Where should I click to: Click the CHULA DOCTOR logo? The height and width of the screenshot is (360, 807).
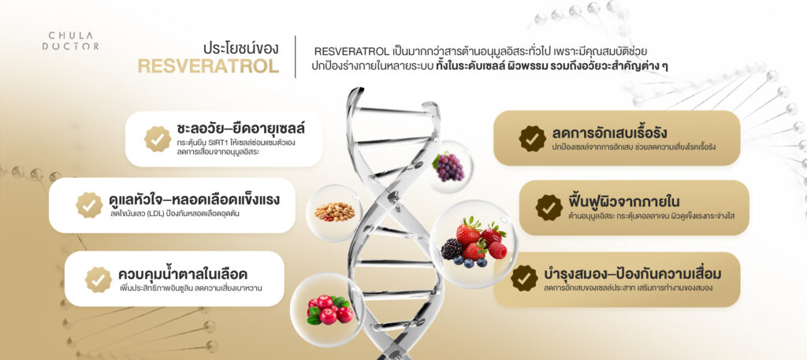click(x=70, y=41)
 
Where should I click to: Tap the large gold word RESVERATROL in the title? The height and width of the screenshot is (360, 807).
click(x=208, y=66)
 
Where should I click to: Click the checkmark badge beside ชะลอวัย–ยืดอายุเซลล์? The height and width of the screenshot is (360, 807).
click(x=158, y=139)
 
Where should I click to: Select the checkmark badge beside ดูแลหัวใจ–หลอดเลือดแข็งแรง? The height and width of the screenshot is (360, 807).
click(x=89, y=205)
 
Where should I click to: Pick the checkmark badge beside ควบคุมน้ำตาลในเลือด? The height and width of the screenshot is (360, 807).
click(x=99, y=280)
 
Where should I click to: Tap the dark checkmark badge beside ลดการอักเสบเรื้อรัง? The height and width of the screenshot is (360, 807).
click(x=532, y=139)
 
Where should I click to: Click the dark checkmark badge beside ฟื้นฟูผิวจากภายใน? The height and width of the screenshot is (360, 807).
click(x=549, y=208)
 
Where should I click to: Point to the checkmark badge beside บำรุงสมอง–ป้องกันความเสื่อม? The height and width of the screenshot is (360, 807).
click(x=524, y=278)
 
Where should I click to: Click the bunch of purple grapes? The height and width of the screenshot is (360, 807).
click(x=449, y=167)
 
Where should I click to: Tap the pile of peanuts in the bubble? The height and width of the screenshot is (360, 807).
click(x=334, y=211)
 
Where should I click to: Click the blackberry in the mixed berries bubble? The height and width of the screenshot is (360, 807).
click(x=452, y=249)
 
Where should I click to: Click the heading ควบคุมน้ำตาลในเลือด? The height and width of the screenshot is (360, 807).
click(x=182, y=273)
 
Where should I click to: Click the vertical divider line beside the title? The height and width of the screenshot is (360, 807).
click(x=296, y=57)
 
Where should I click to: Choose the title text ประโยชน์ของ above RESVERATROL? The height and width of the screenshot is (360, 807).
click(x=241, y=48)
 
